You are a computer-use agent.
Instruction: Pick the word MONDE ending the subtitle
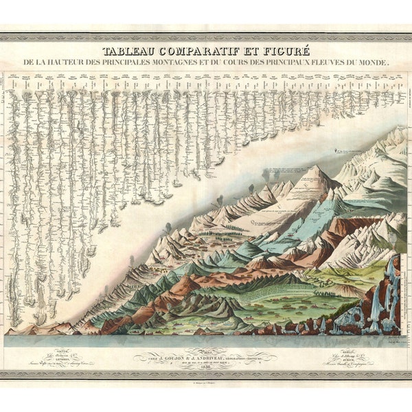point(371,62)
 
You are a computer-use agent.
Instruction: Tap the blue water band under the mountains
point(206,340)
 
